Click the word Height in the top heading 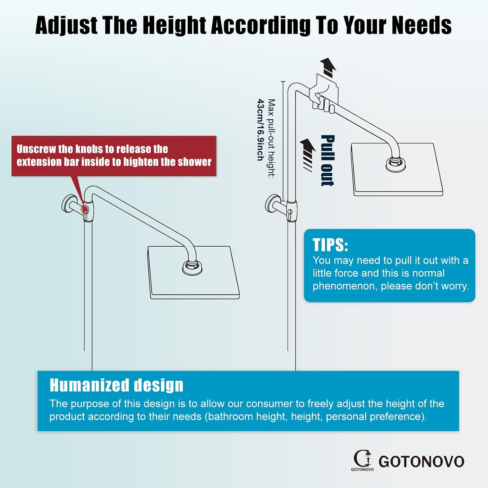click(174, 26)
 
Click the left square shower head click(194, 272)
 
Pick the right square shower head click(397, 169)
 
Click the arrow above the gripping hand click(328, 67)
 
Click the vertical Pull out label click(328, 160)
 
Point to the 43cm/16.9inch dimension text click(260, 130)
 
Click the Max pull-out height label click(271, 139)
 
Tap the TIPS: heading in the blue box click(330, 245)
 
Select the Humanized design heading click(116, 385)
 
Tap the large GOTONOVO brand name click(421, 462)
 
